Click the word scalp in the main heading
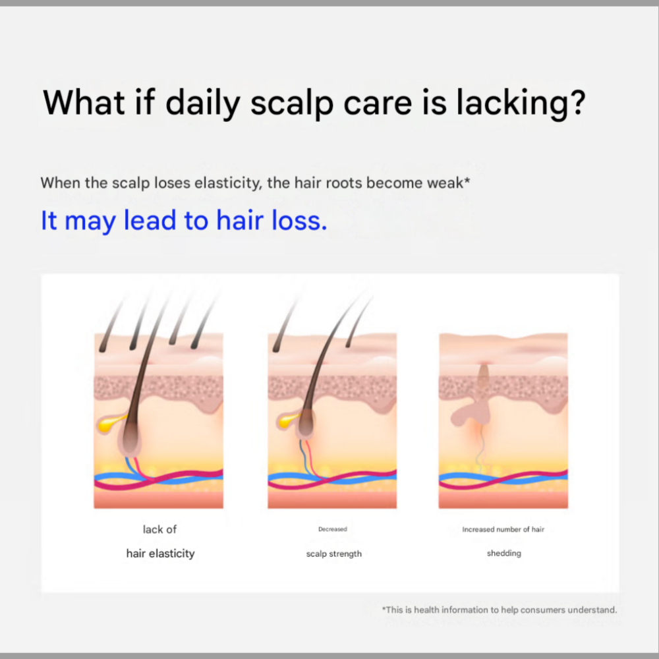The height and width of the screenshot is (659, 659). pos(292,103)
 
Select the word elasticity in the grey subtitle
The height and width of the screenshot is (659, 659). pos(228,183)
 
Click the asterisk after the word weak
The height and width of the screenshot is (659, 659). pos(467,179)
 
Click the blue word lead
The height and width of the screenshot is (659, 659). pos(150,220)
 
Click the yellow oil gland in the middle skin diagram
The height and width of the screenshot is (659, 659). pos(289,420)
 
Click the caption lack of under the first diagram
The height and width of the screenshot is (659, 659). pos(159,529)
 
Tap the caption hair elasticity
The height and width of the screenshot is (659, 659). pos(161,554)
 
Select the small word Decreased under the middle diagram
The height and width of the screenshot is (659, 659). pos(332,529)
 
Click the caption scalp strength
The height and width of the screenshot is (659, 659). pos(333,554)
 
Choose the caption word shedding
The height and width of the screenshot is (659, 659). pos(504,554)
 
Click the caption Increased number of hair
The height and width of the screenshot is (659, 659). pos(503,530)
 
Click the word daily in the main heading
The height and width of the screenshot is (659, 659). pos(203,103)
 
